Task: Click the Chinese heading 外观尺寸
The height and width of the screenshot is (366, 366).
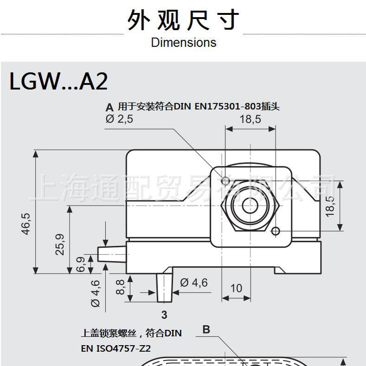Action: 183,20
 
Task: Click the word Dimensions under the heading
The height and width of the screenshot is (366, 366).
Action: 183,43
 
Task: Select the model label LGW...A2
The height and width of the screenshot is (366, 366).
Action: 58,81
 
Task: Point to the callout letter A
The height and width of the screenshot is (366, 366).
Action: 109,107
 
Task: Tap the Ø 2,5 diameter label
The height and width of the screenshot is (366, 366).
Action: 120,120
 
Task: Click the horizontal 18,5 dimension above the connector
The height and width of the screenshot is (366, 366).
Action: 250,119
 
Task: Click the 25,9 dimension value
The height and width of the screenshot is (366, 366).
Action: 60,244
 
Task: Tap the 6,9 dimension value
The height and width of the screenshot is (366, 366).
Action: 80,265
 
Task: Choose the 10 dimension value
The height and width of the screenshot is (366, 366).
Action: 236,288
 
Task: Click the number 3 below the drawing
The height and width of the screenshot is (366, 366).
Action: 164,315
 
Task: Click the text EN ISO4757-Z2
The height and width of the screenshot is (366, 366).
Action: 117,347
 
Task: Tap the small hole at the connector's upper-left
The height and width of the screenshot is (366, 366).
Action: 226,180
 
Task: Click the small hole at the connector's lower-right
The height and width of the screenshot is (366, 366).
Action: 276,231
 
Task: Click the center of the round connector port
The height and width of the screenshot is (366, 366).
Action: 250,205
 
